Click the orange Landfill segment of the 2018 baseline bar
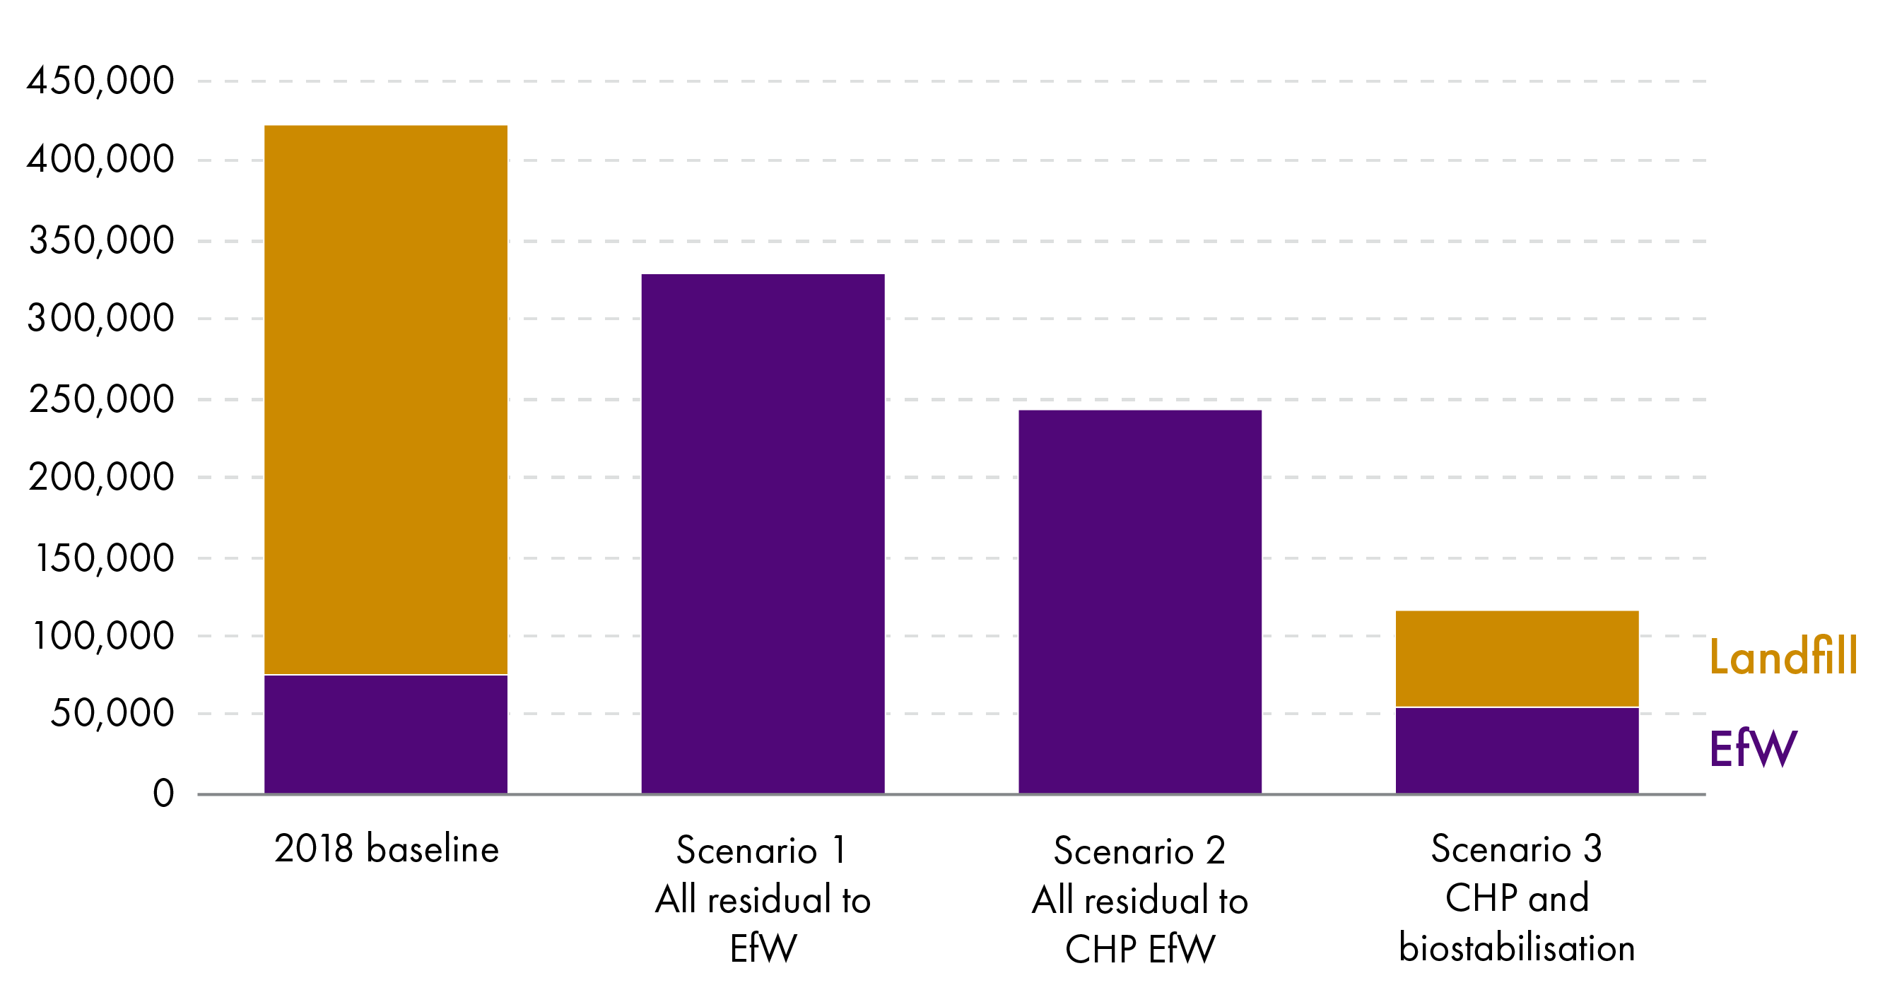[386, 399]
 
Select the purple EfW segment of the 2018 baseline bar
[386, 733]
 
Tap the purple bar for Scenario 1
[763, 534]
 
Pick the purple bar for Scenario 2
[1139, 601]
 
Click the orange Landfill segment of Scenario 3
[1516, 659]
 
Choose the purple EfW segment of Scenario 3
[1516, 750]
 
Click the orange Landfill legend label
[1783, 656]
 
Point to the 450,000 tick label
[101, 81]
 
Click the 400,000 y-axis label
[101, 160]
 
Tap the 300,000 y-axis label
[101, 318]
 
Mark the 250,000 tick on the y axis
[101, 399]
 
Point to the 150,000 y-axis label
[104, 558]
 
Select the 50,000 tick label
[112, 713]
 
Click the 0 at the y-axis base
[163, 794]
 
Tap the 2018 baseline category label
[387, 849]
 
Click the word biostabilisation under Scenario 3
[1516, 948]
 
